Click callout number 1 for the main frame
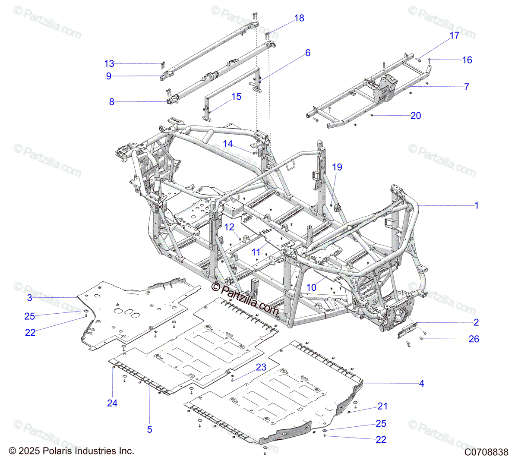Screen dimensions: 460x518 (477, 206)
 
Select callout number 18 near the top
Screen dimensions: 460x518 (299, 18)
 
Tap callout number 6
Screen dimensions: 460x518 (308, 53)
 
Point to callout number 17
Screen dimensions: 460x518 (455, 35)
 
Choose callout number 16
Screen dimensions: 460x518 (467, 60)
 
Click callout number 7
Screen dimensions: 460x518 (467, 87)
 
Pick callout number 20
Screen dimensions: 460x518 (416, 116)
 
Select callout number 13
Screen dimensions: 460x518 (109, 64)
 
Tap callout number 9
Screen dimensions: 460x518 (109, 76)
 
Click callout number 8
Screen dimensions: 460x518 (112, 102)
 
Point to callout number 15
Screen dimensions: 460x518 (237, 97)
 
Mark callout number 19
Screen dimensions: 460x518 (337, 167)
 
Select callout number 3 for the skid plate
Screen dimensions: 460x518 (30, 298)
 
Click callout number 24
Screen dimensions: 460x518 (112, 403)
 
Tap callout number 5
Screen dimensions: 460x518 (150, 429)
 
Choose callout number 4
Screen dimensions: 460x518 (422, 383)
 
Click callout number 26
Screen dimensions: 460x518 (474, 339)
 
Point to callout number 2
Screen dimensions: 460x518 (476, 322)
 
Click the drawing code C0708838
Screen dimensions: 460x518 (486, 452)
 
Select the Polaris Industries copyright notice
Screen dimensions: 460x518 (72, 451)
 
